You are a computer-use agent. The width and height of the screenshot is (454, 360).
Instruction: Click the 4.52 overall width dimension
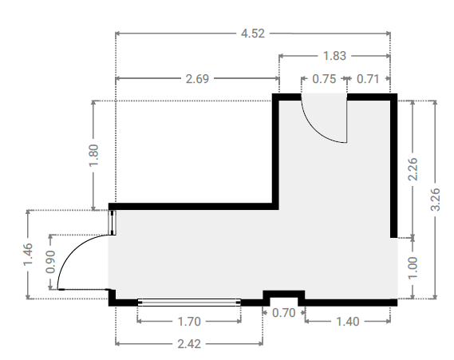(253, 34)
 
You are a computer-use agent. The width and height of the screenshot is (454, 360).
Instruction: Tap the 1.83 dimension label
(334, 56)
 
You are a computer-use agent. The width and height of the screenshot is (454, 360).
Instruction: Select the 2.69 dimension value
(197, 79)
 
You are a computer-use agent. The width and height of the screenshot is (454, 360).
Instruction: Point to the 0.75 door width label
(324, 79)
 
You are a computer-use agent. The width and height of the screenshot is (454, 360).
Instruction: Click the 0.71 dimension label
(368, 79)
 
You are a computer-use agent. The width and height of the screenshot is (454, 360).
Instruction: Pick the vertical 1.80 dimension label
(93, 155)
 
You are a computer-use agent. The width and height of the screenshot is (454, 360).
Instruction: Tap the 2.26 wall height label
(413, 169)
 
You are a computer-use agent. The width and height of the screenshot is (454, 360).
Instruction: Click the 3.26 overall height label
(436, 200)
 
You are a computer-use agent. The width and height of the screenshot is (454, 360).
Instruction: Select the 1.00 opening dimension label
(413, 268)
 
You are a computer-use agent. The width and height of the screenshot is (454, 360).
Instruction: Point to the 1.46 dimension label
(28, 255)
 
